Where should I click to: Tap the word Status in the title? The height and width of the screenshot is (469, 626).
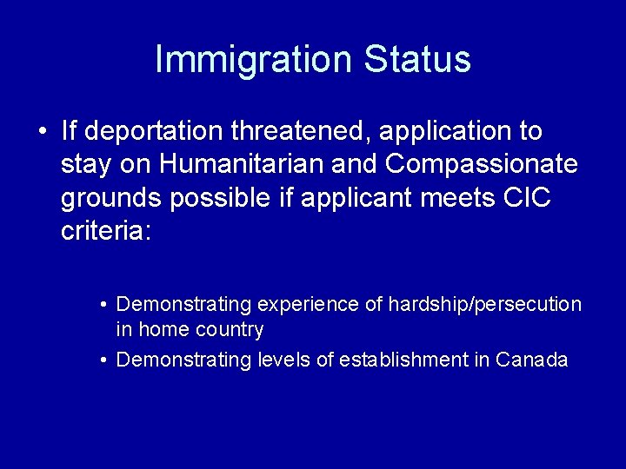point(417,59)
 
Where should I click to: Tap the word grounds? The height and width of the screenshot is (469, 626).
point(111,199)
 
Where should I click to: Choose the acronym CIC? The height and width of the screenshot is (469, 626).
point(527,199)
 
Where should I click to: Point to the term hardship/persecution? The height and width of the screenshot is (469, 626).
point(484,305)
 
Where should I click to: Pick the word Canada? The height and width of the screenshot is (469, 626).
point(531,360)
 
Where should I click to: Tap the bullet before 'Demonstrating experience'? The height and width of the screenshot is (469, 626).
point(103,306)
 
